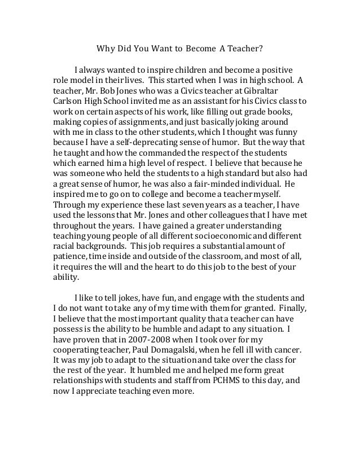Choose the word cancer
click(x=286, y=350)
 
